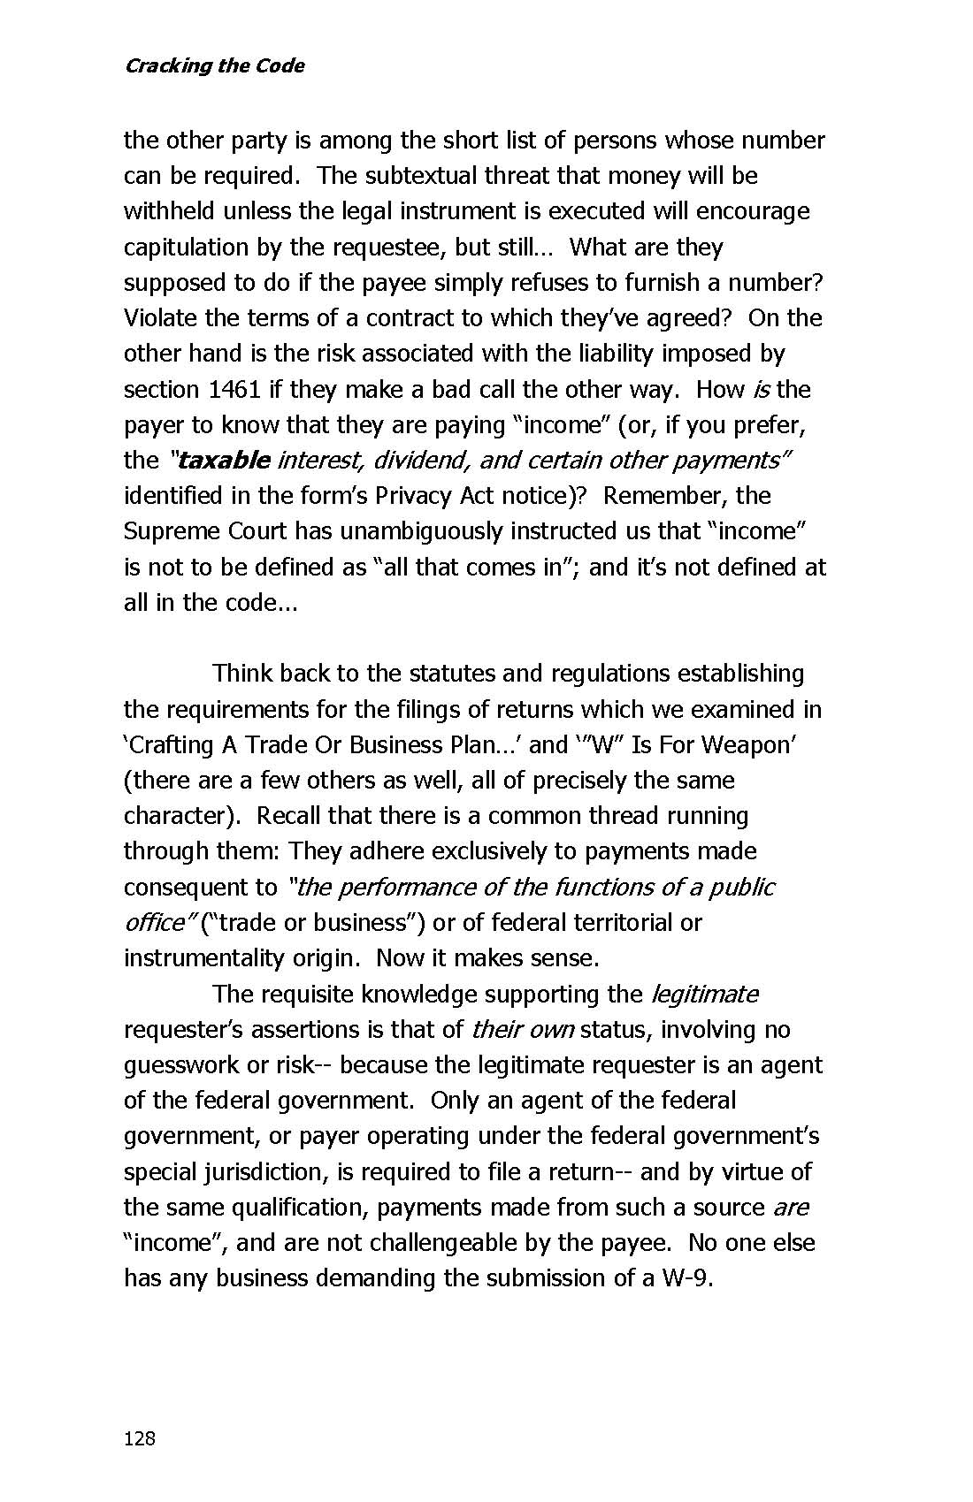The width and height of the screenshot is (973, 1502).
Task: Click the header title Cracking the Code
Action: point(214,66)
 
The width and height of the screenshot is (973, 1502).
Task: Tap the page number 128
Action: point(140,1438)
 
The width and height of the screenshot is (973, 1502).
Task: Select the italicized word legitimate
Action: point(704,995)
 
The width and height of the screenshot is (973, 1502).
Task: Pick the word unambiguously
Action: point(396,531)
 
